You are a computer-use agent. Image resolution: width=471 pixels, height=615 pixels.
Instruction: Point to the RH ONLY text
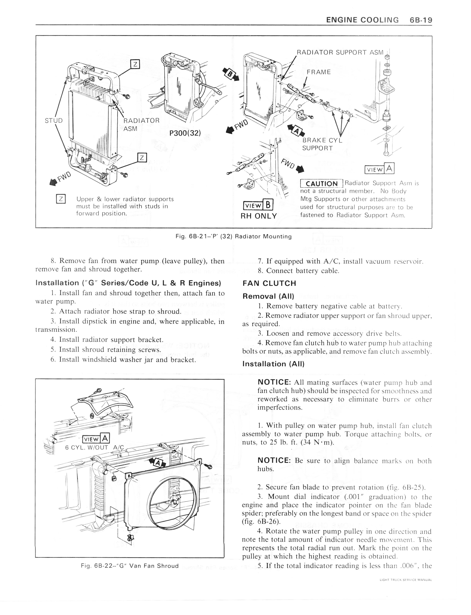tap(259, 216)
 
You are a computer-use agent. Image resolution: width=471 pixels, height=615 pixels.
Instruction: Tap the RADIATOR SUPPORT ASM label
tap(340, 52)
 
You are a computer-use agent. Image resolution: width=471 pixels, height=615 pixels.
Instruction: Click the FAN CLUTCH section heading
tap(269, 283)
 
